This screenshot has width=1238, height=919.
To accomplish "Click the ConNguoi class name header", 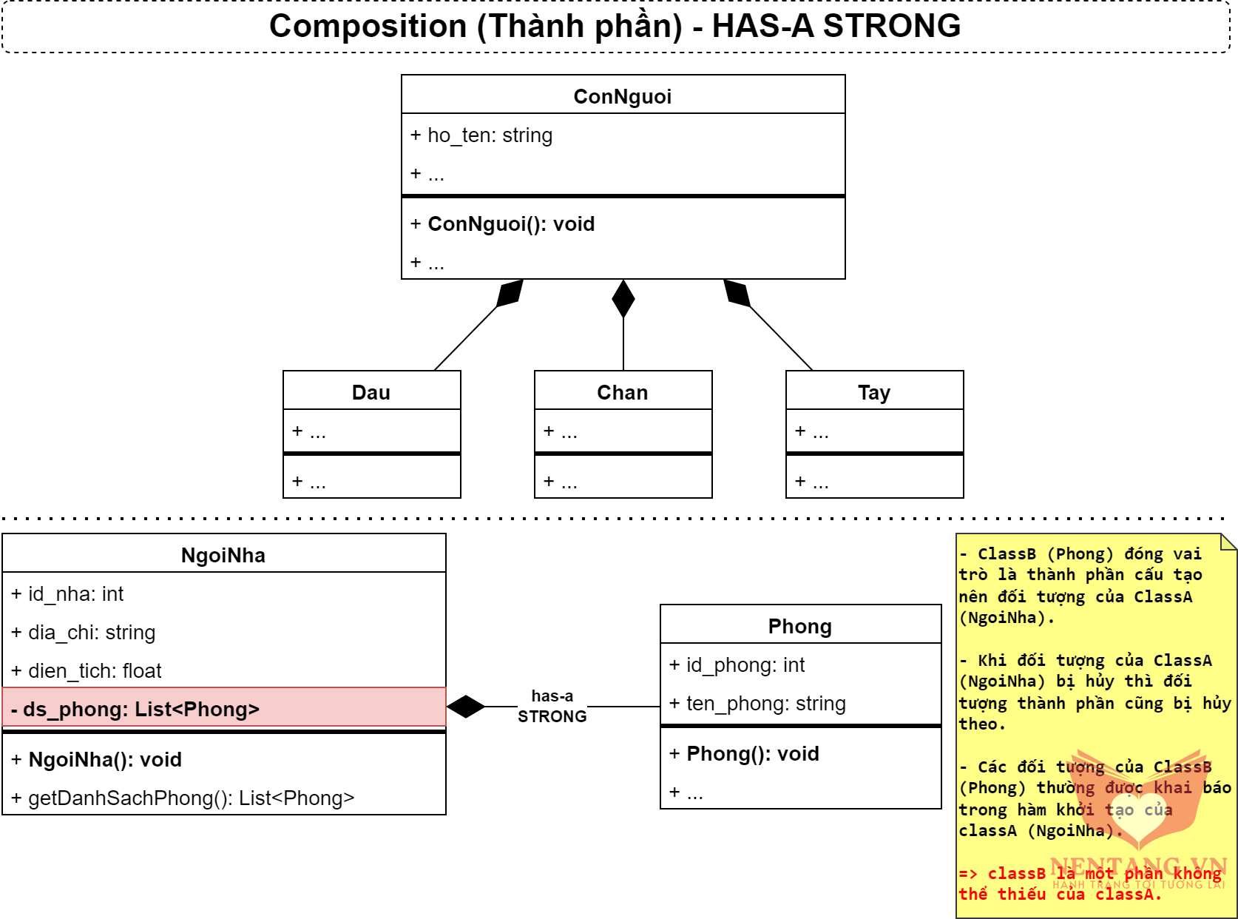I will [623, 96].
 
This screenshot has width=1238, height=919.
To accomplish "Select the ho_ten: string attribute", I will [481, 135].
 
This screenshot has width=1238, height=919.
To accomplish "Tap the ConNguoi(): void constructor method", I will [503, 224].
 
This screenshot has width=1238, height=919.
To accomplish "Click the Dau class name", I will [371, 392].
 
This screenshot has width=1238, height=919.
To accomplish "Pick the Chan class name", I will [623, 392].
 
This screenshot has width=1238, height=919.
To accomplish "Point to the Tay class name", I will [874, 392].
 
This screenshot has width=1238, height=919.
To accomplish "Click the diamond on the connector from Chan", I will [623, 298].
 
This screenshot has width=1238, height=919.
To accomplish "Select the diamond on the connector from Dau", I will [510, 293].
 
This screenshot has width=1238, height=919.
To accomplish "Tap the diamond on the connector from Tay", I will [737, 293].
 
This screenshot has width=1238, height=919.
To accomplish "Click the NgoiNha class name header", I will [223, 555].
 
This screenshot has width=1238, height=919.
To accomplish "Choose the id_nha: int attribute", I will [67, 594].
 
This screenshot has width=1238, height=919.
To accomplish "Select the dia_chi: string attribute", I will [84, 633].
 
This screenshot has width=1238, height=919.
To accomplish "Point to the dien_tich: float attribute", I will [87, 671].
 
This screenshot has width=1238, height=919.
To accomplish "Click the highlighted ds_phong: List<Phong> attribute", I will [135, 710].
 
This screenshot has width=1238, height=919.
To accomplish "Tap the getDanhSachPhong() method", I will [183, 798].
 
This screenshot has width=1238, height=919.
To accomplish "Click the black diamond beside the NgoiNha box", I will [466, 707].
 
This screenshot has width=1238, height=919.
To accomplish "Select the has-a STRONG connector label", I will [552, 707].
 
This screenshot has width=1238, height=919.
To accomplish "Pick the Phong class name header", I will [800, 626].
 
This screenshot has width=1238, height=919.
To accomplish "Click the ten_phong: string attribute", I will [758, 704].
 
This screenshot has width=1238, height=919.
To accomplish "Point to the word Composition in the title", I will [368, 27].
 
